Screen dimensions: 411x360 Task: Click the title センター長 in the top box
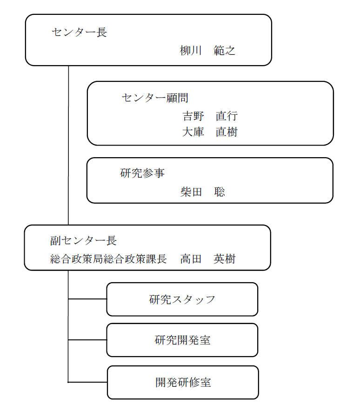(x=79, y=32)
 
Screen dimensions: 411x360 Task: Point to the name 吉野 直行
(x=210, y=116)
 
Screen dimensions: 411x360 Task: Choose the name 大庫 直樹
(x=210, y=132)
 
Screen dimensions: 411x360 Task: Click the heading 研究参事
(x=142, y=173)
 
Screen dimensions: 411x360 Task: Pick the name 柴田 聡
(x=203, y=192)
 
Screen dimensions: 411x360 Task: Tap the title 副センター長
(x=83, y=241)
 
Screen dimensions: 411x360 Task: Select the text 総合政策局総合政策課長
(x=108, y=259)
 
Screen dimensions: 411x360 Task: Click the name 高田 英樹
(x=207, y=259)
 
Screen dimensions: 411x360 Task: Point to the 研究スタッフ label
(x=182, y=299)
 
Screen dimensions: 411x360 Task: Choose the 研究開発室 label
(x=182, y=340)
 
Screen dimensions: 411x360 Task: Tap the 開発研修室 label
(x=183, y=383)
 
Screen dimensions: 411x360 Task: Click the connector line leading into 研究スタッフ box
(x=87, y=299)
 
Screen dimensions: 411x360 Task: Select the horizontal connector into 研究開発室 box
(x=87, y=340)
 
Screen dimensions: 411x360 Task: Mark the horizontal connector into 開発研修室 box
(x=87, y=382)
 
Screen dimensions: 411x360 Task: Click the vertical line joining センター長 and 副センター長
(x=68, y=144)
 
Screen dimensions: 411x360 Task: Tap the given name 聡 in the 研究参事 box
(x=220, y=192)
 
